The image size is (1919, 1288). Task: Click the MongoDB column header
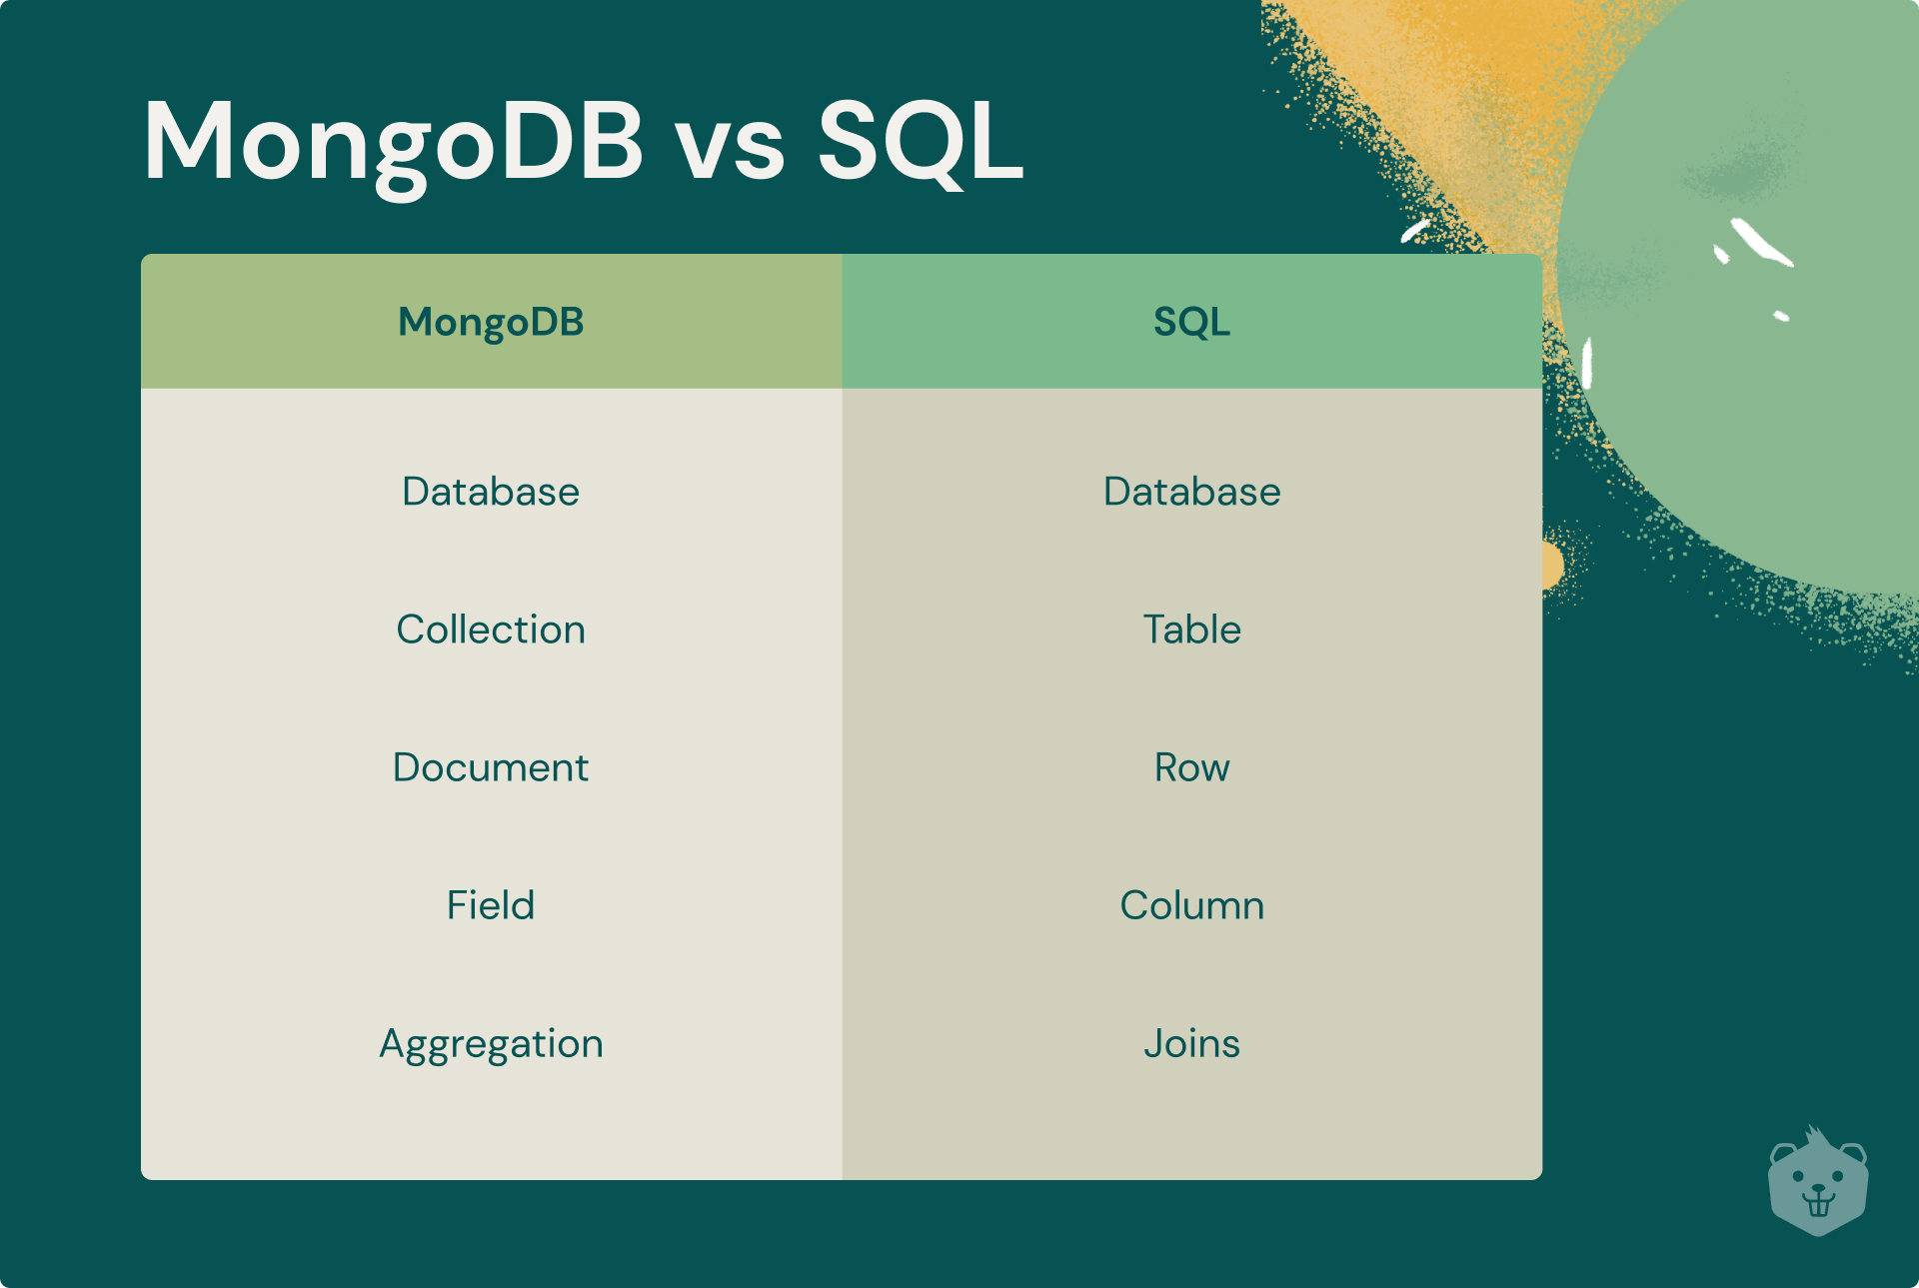click(x=491, y=322)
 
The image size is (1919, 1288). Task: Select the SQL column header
click(x=1191, y=322)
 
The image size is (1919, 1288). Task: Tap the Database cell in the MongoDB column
click(x=491, y=492)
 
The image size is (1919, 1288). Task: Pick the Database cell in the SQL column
click(x=1191, y=492)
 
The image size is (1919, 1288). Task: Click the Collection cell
click(x=491, y=630)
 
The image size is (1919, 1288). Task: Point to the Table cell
click(x=1191, y=630)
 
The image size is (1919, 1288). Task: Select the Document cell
click(x=491, y=767)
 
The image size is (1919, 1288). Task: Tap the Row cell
click(x=1191, y=767)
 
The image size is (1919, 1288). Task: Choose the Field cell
click(x=491, y=905)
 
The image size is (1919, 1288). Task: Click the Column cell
click(x=1191, y=905)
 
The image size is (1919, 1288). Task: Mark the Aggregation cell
click(x=491, y=1044)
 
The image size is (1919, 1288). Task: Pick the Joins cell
click(x=1191, y=1044)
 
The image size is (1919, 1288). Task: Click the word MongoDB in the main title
click(x=394, y=142)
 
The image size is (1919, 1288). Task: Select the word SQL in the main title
click(x=920, y=142)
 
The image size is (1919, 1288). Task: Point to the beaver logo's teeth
click(x=1818, y=1205)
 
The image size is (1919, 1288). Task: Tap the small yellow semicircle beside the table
click(x=1552, y=565)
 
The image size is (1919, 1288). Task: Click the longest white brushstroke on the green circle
click(x=1761, y=243)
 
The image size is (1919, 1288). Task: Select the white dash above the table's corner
click(x=1415, y=231)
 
